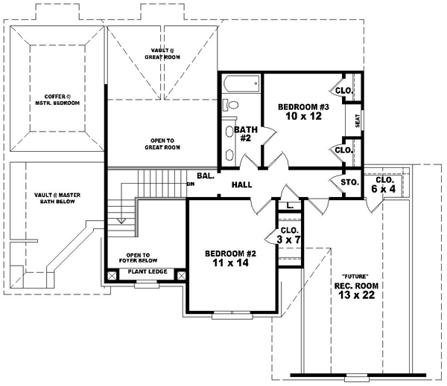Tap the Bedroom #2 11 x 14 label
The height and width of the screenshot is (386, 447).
(x=230, y=259)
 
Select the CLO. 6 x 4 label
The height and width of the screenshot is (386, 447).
(x=385, y=184)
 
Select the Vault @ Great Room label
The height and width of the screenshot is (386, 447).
(x=162, y=53)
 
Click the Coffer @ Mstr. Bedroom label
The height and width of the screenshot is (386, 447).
(x=59, y=100)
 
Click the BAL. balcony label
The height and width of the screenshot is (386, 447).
(x=206, y=177)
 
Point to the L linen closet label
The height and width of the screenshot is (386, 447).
(x=289, y=205)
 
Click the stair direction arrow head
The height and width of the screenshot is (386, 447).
(x=120, y=220)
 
